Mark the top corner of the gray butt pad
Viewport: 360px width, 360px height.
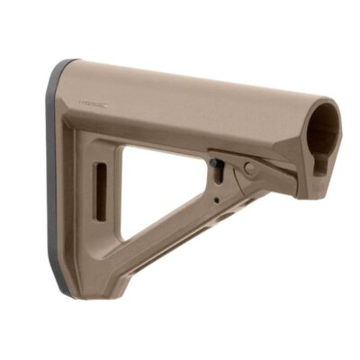tap(65, 65)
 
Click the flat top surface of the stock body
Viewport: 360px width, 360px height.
tap(180, 81)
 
